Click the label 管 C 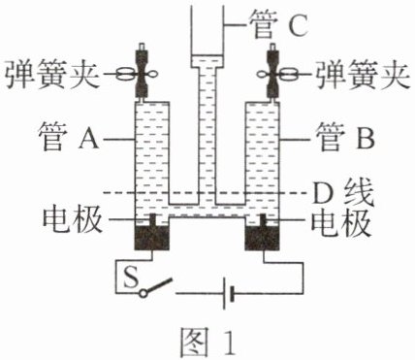(277, 25)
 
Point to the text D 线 (343, 193)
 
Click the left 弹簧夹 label (51, 75)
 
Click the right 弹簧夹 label (363, 75)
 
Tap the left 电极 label (73, 219)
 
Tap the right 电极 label (340, 221)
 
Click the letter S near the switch (131, 277)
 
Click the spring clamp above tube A (142, 75)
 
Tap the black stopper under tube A (151, 238)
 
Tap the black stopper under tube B (262, 238)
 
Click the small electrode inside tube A (152, 220)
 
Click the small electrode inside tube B (264, 220)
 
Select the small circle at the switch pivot (143, 293)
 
